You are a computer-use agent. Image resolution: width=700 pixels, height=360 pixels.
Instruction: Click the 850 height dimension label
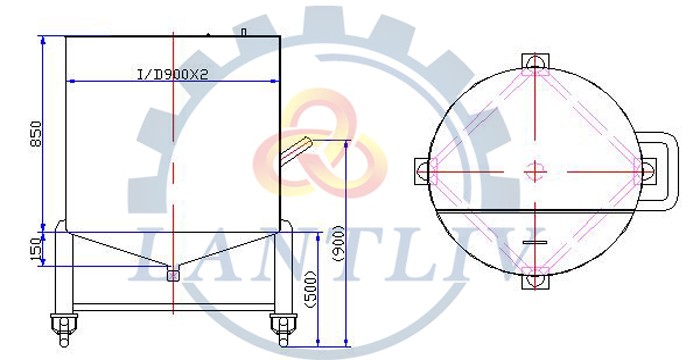(36, 134)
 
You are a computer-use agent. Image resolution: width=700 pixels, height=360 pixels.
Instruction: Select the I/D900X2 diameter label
(172, 75)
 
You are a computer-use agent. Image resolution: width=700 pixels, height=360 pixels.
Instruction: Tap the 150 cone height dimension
(37, 248)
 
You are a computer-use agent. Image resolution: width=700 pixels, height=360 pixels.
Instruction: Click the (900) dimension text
(338, 244)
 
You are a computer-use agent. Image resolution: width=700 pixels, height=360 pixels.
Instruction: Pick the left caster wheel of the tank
(64, 329)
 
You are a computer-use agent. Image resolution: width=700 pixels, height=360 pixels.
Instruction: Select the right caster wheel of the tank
(283, 329)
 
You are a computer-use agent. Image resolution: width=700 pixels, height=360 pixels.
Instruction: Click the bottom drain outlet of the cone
(173, 275)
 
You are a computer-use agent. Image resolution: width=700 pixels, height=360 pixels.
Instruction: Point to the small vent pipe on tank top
(244, 32)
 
